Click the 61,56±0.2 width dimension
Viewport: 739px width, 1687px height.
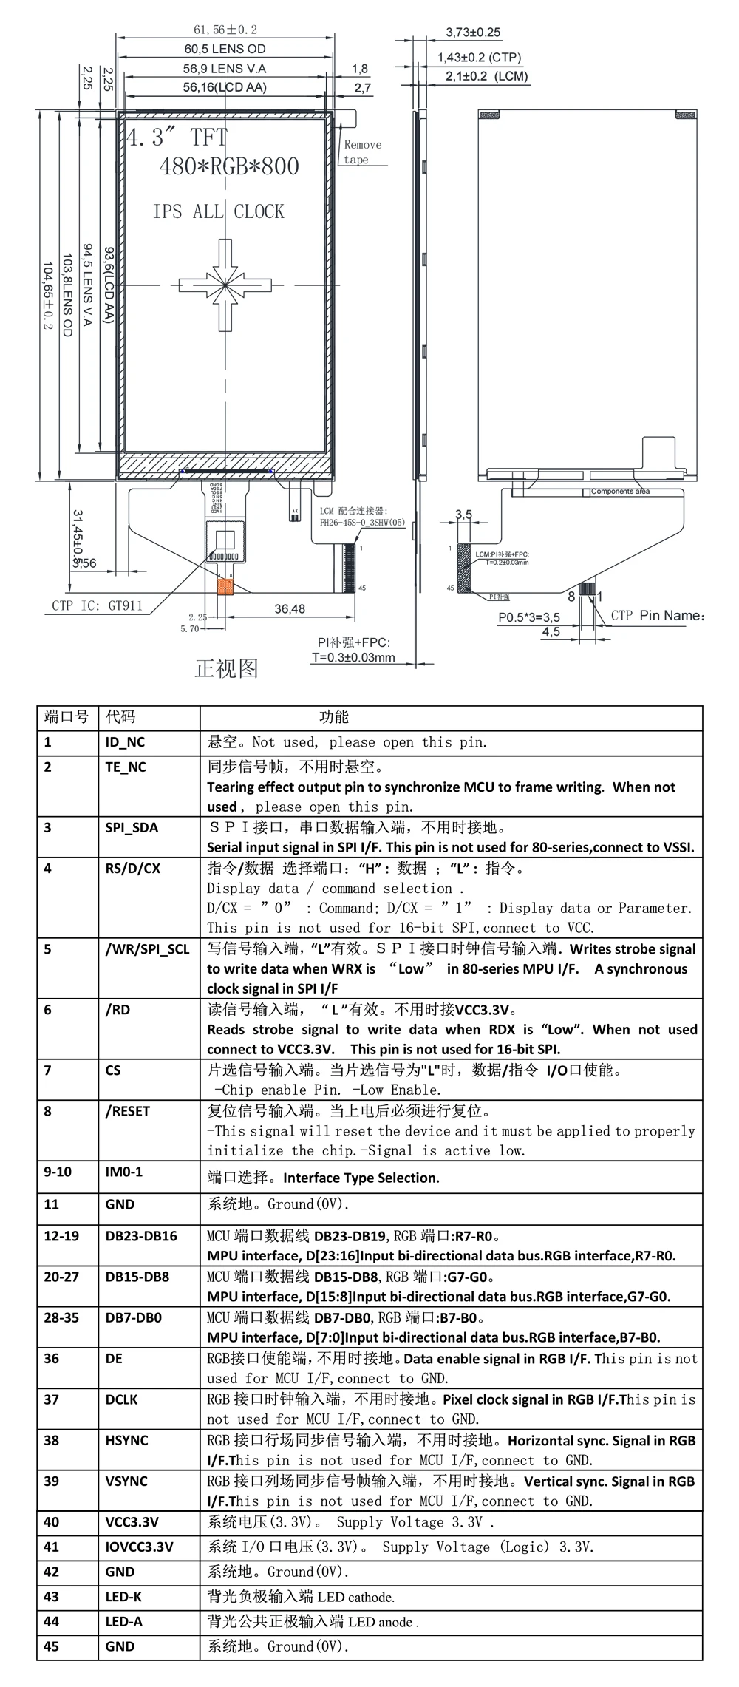[x=225, y=30]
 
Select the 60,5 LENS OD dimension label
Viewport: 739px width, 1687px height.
[x=225, y=49]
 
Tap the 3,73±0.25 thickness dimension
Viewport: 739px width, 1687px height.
[x=473, y=33]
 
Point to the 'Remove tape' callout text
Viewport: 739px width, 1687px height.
[x=362, y=152]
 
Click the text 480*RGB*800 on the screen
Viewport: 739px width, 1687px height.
[x=229, y=166]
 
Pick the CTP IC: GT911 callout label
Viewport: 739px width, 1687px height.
[x=96, y=605]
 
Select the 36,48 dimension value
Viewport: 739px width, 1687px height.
[x=290, y=608]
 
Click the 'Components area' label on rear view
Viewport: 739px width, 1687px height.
[x=621, y=492]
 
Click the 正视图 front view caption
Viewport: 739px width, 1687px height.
[x=226, y=668]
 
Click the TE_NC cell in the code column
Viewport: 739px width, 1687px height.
[x=126, y=767]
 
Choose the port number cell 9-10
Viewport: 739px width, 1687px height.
[x=58, y=1172]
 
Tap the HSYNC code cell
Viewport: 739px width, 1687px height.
[x=126, y=1440]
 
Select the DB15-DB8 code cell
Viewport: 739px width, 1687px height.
[x=137, y=1277]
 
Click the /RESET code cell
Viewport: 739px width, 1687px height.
[x=127, y=1110]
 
